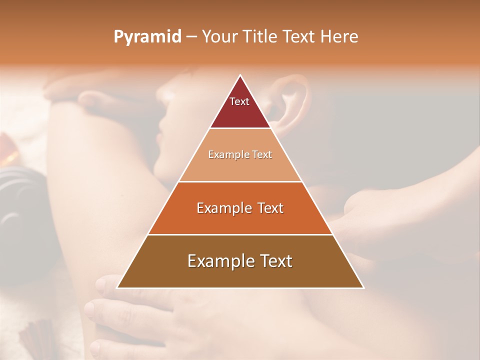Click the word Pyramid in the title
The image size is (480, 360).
pos(147,37)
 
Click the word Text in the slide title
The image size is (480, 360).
pos(299,36)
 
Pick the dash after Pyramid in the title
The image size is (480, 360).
pos(191,37)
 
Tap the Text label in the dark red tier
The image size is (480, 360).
pos(239,101)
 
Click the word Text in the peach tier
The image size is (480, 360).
pos(262,155)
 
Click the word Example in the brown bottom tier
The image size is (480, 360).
pos(220,261)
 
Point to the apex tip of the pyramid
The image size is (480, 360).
pos(240,76)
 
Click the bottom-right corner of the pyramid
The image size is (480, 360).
pos(363,287)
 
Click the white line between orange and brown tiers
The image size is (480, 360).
pos(240,234)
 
